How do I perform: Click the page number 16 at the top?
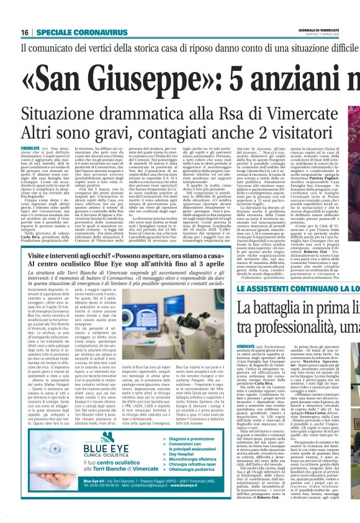click(25, 32)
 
